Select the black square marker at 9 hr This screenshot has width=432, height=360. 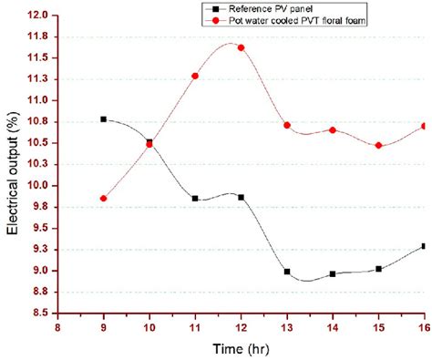(x=104, y=119)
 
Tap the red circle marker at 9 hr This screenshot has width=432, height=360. (x=104, y=198)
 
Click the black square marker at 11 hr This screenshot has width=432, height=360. (x=195, y=198)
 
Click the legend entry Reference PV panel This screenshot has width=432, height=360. (x=273, y=7)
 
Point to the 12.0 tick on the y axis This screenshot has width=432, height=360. (x=39, y=15)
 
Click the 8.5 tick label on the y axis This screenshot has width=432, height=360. (x=39, y=313)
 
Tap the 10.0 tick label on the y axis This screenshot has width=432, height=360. (x=39, y=185)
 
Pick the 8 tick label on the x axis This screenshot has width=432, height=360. (x=58, y=327)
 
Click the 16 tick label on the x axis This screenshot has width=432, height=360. (x=424, y=327)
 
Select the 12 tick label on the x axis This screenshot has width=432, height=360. (x=241, y=327)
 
